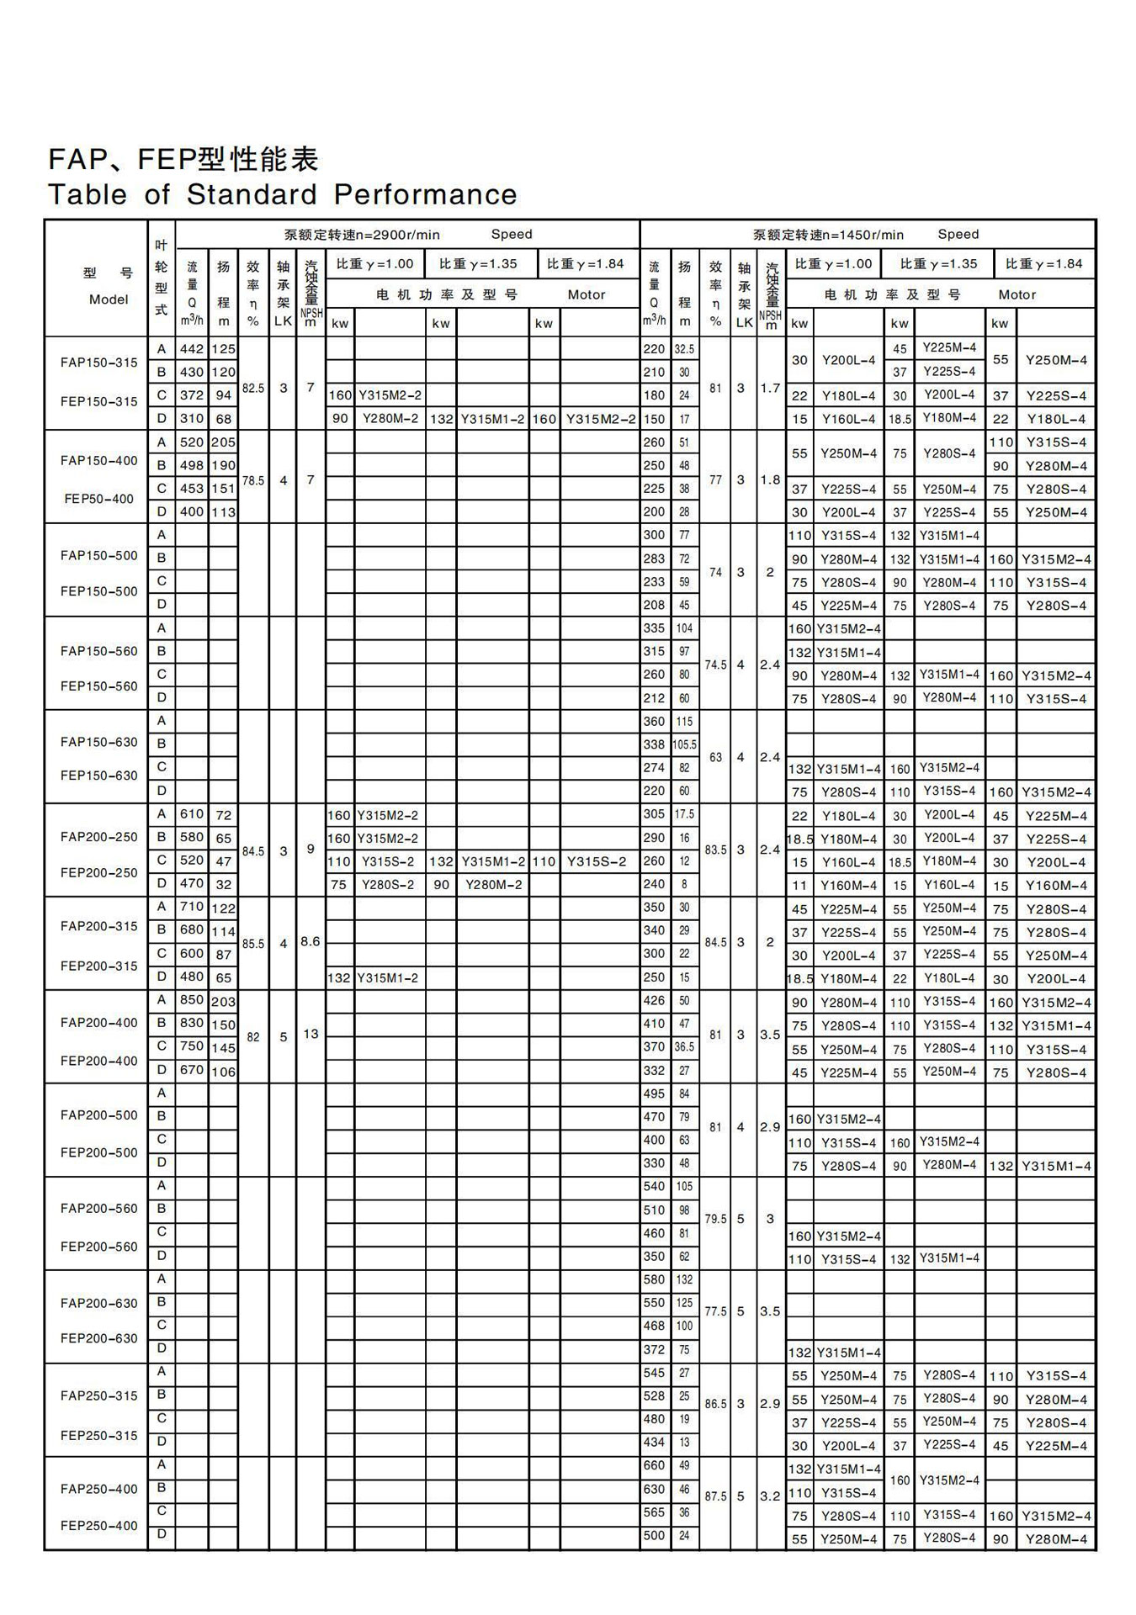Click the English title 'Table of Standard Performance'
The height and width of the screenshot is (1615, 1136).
(283, 194)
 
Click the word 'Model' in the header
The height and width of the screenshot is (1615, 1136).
(109, 299)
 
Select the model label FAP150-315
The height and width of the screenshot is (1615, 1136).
(98, 363)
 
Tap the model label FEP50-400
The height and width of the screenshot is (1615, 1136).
(98, 499)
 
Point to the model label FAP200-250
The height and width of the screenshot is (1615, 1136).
(98, 837)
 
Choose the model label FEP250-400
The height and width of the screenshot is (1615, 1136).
(98, 1525)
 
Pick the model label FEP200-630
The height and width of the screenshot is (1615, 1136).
(98, 1338)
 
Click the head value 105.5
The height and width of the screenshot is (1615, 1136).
(684, 744)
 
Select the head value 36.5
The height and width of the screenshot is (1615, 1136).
(684, 1047)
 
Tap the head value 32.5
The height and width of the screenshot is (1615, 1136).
(684, 349)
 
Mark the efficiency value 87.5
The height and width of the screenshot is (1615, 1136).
(715, 1496)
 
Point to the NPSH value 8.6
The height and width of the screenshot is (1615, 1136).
(311, 941)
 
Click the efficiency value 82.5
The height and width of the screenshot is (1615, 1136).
(253, 389)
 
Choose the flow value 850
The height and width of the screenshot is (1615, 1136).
(192, 1001)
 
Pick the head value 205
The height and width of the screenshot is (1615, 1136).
(223, 442)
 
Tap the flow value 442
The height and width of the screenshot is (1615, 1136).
(192, 349)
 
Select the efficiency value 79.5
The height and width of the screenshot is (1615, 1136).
(715, 1219)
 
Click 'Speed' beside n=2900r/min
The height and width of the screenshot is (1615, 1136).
(512, 235)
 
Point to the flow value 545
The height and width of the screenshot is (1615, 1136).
(654, 1373)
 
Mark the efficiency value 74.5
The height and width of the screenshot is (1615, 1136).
(715, 665)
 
